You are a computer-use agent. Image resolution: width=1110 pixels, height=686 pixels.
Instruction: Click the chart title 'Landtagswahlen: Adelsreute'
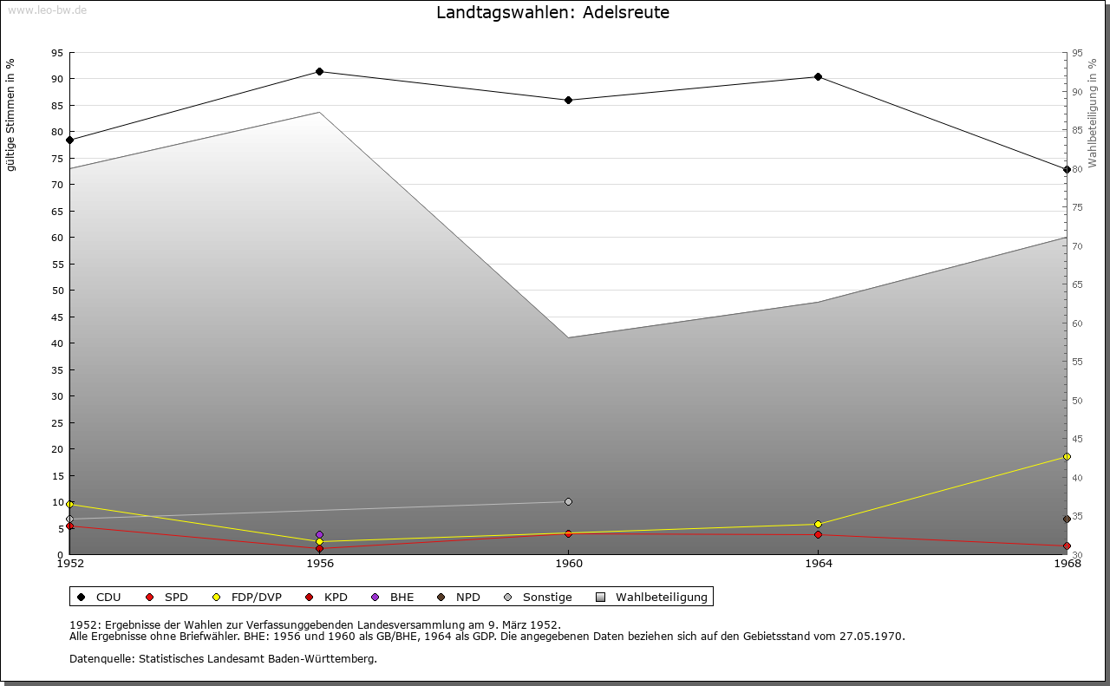click(x=552, y=13)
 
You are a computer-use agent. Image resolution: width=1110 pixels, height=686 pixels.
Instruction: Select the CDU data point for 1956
click(x=319, y=71)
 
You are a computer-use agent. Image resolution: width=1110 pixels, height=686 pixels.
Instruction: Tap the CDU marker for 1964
click(x=818, y=76)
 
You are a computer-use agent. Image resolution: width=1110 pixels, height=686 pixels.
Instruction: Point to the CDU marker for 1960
click(x=568, y=100)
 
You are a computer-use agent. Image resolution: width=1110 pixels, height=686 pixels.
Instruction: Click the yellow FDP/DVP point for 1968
click(x=1067, y=456)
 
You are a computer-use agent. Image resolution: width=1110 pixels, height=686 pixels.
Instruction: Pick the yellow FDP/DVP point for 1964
click(x=818, y=524)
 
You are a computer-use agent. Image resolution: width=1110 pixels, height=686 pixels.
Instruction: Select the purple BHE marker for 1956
click(x=319, y=535)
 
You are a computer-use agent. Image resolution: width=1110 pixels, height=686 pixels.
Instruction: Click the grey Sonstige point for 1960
click(x=568, y=501)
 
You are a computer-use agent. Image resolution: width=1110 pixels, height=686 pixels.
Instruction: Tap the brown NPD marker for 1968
click(x=1067, y=519)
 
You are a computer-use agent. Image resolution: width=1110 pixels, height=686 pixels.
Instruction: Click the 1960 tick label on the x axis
click(x=568, y=564)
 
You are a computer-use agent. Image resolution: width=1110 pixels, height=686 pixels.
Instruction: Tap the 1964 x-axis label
click(x=818, y=564)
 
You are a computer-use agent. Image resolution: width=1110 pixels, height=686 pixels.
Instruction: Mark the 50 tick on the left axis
click(x=57, y=291)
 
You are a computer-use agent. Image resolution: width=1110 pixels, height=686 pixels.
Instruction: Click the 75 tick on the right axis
click(x=1076, y=207)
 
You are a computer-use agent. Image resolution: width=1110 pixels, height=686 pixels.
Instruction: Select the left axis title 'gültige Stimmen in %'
click(x=11, y=115)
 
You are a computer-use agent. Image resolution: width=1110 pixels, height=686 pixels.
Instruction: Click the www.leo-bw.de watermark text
click(x=46, y=10)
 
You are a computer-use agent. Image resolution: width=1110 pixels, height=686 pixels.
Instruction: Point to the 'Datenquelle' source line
click(x=223, y=658)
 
